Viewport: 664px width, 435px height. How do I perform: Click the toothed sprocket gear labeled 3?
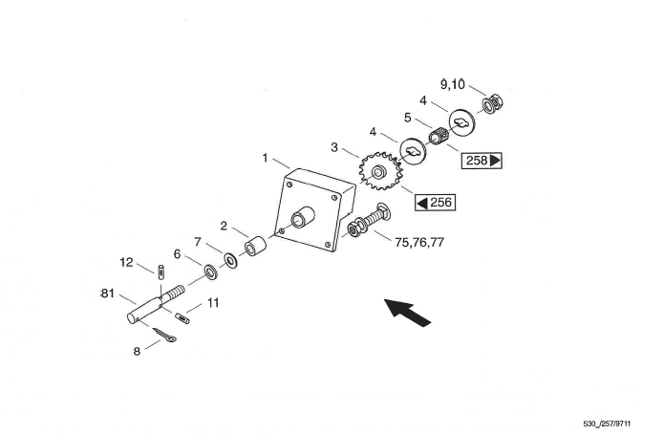[x=380, y=171]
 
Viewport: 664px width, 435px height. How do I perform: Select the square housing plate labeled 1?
[x=313, y=209]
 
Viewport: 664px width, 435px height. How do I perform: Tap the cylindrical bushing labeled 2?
[x=255, y=246]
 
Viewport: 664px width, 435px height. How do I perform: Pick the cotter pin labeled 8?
[x=164, y=335]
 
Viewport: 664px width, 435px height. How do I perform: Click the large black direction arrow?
[x=407, y=313]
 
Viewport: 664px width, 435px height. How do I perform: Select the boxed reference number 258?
[x=482, y=161]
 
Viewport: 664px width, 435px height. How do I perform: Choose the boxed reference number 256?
[x=436, y=203]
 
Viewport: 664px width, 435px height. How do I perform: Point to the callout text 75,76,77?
[x=419, y=242]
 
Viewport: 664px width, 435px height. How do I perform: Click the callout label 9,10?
[x=452, y=85]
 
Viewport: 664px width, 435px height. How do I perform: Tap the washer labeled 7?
[x=230, y=260]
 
